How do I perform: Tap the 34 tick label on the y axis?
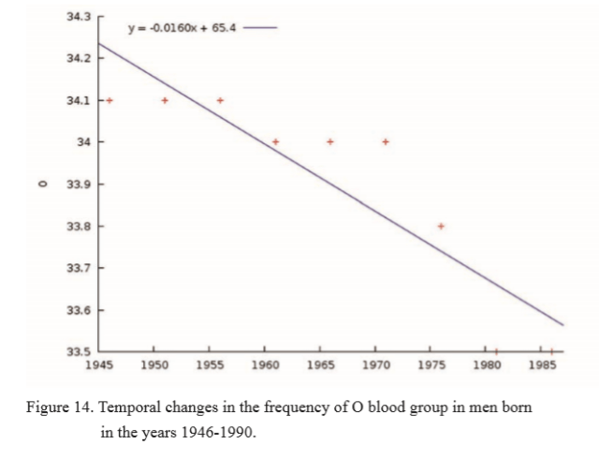pos(84,142)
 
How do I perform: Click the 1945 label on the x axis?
pos(99,366)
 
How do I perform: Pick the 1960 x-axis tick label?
pos(265,366)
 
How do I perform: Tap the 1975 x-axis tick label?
pos(431,366)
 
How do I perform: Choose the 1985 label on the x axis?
pos(541,366)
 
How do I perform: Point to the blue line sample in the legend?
pos(259,27)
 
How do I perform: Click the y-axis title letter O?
pos(39,184)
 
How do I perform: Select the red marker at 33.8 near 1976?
pos(441,226)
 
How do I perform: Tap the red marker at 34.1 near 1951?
pos(165,100)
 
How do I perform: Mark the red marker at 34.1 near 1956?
pos(220,100)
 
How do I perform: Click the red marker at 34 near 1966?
pos(330,141)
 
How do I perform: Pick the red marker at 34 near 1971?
pos(386,141)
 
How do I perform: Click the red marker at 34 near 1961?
pos(275,141)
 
